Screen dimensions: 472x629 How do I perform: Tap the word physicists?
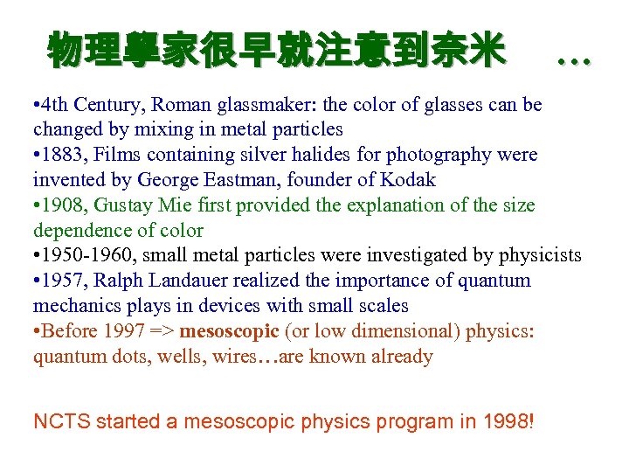tap(539, 255)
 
